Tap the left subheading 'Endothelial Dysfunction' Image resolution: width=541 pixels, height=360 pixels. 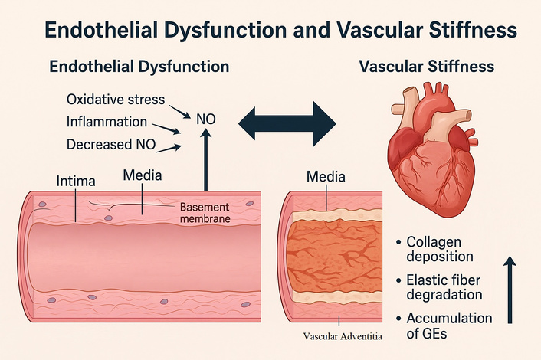point(139,67)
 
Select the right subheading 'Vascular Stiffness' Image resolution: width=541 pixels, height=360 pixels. point(427,67)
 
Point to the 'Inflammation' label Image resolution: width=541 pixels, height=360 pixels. point(107,122)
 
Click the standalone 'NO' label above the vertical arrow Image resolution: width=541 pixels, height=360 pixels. point(205,119)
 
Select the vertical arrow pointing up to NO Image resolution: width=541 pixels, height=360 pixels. point(205,161)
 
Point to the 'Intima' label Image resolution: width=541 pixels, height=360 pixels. point(77,182)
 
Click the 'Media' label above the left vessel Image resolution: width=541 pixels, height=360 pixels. point(143,175)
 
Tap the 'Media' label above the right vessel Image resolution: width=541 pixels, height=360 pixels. point(326,177)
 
